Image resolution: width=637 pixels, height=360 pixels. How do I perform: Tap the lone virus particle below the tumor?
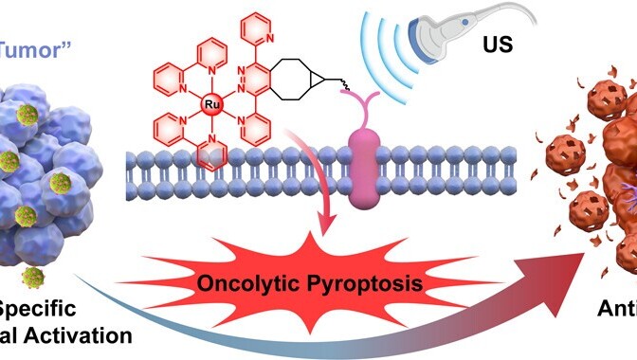(x=35, y=277)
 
